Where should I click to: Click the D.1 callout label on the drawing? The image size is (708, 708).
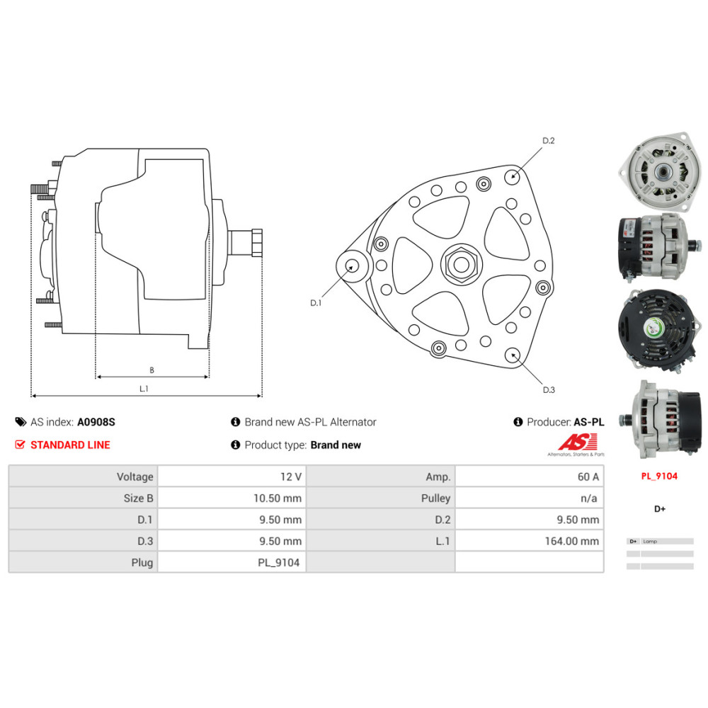point(316,303)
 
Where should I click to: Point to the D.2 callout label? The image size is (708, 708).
point(548,140)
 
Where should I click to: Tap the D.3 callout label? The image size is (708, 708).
point(549,389)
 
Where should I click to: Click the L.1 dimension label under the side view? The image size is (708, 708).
point(144,389)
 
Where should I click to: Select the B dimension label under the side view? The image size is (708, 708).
point(152,370)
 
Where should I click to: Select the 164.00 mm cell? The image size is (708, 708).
point(575,541)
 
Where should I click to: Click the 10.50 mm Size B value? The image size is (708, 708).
point(278,498)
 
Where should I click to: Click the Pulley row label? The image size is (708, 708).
point(435,498)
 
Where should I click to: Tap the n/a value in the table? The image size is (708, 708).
point(589,498)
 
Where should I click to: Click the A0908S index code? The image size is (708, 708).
point(96,422)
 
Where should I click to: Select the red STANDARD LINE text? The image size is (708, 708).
point(69,445)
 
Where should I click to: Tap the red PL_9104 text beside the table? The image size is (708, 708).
point(658,476)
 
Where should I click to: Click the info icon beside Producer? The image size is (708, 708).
point(518,422)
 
